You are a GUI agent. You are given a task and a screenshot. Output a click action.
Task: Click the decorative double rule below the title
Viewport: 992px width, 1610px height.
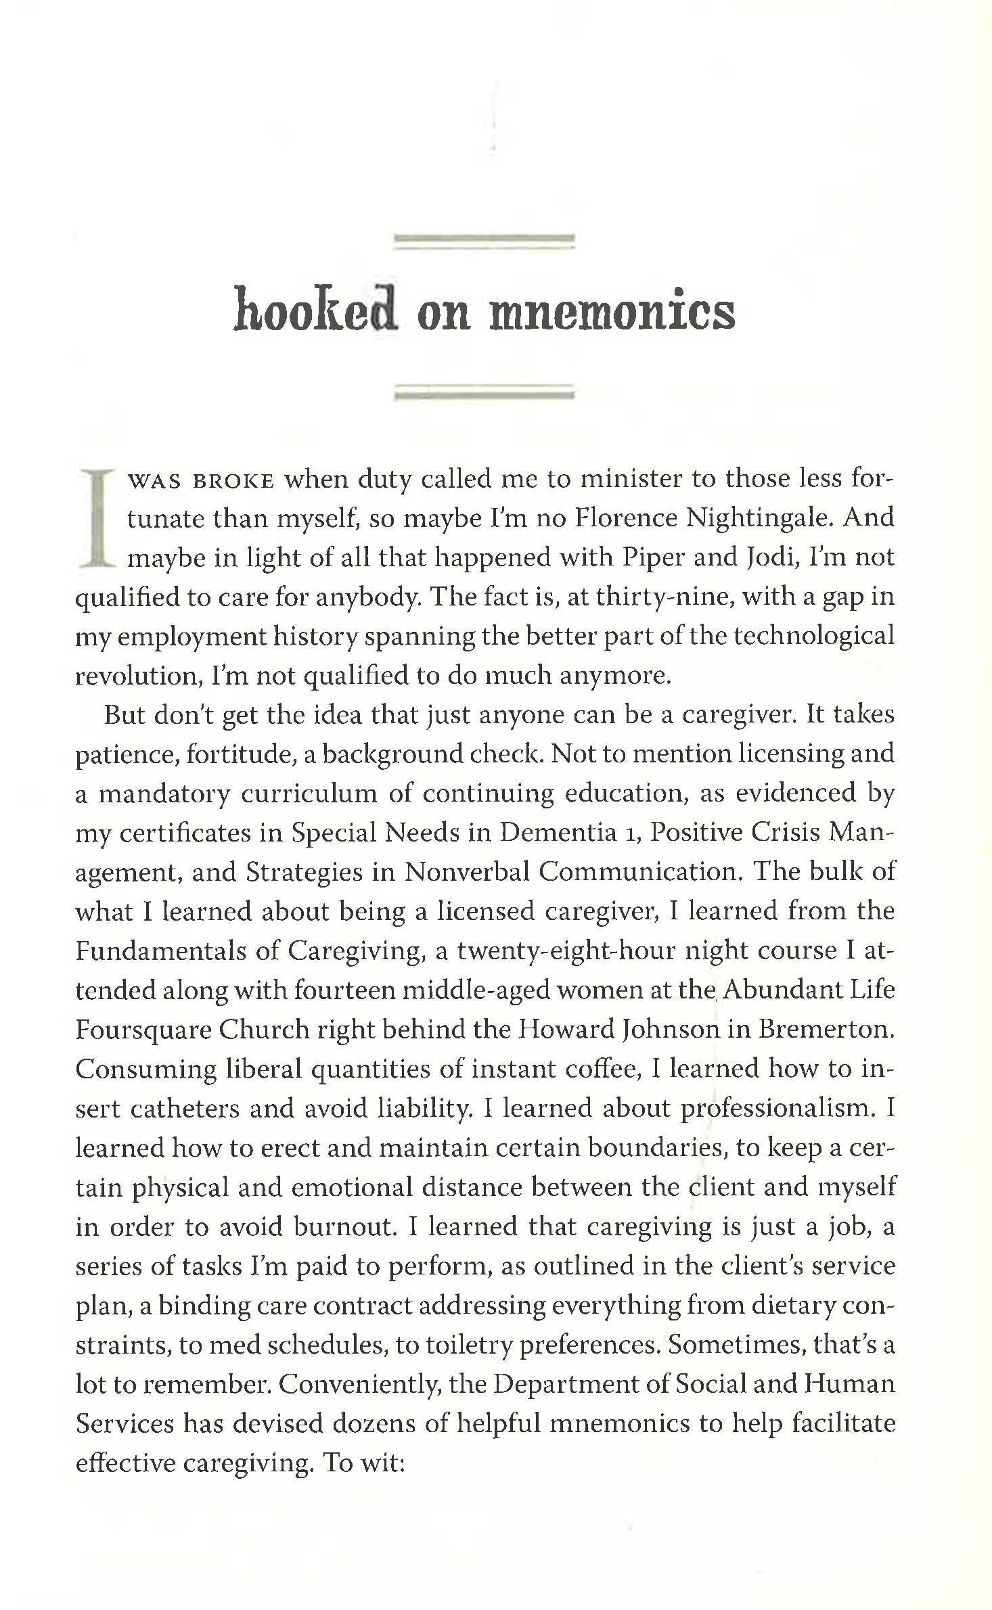tap(484, 392)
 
